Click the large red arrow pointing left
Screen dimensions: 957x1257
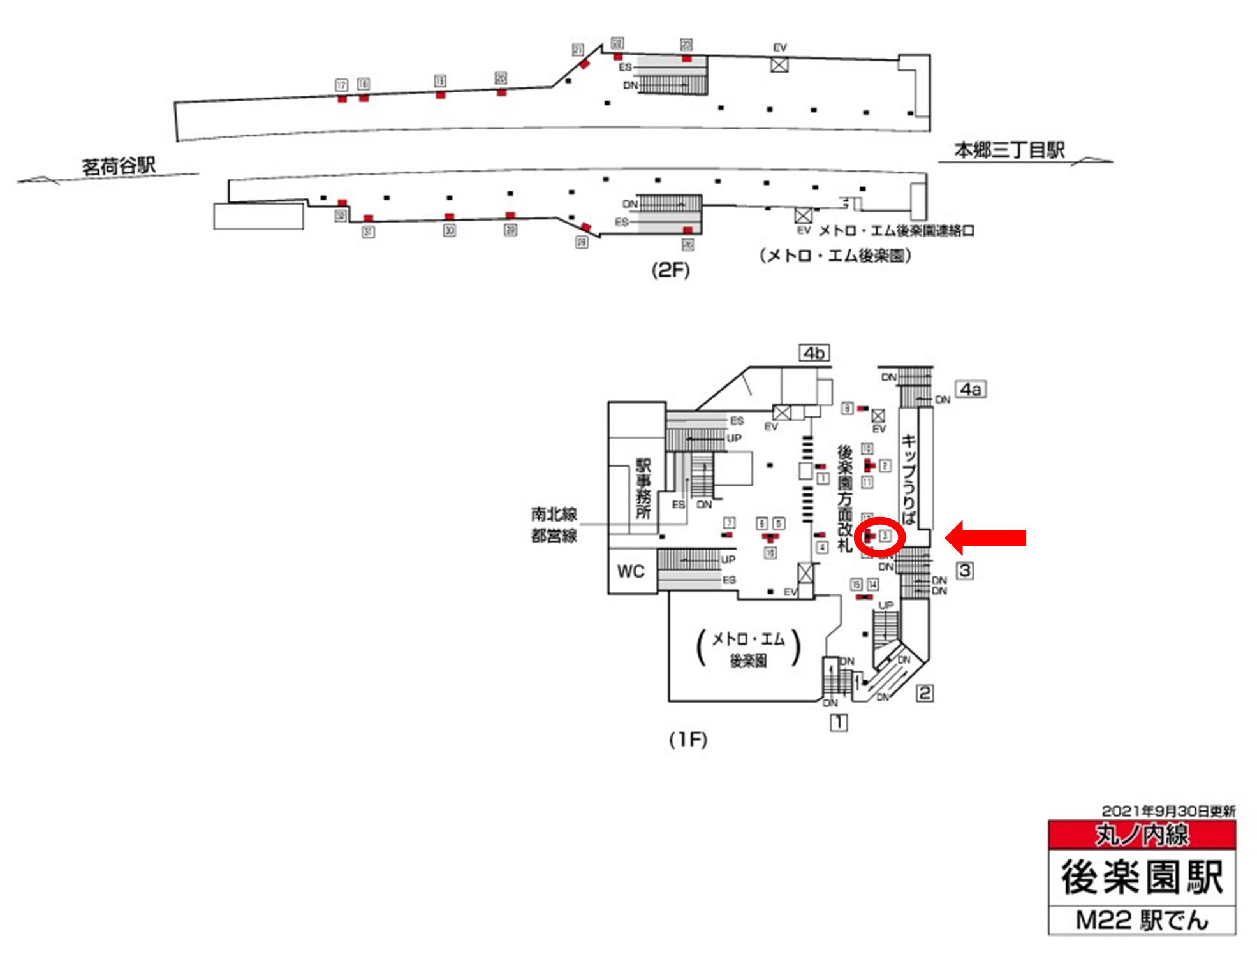985,537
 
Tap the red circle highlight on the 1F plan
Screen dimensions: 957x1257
880,537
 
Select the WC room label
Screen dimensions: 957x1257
631,571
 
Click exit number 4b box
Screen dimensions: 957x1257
814,353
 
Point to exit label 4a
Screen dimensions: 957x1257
970,389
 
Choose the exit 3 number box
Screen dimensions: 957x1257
965,570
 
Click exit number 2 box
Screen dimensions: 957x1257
925,692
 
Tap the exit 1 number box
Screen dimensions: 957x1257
839,722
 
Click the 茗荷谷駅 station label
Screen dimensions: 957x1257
119,166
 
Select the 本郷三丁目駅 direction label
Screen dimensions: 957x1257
1009,150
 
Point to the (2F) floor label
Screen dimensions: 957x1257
670,270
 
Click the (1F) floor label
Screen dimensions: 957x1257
688,739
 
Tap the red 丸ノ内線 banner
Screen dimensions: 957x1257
1142,835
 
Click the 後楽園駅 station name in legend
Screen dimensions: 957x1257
1142,877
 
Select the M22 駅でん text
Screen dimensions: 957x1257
1142,920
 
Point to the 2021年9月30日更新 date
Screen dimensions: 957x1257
1168,811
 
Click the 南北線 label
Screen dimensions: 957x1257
554,514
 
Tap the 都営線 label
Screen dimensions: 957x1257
554,536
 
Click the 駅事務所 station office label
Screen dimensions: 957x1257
643,488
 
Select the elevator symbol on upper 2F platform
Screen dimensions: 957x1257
779,64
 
